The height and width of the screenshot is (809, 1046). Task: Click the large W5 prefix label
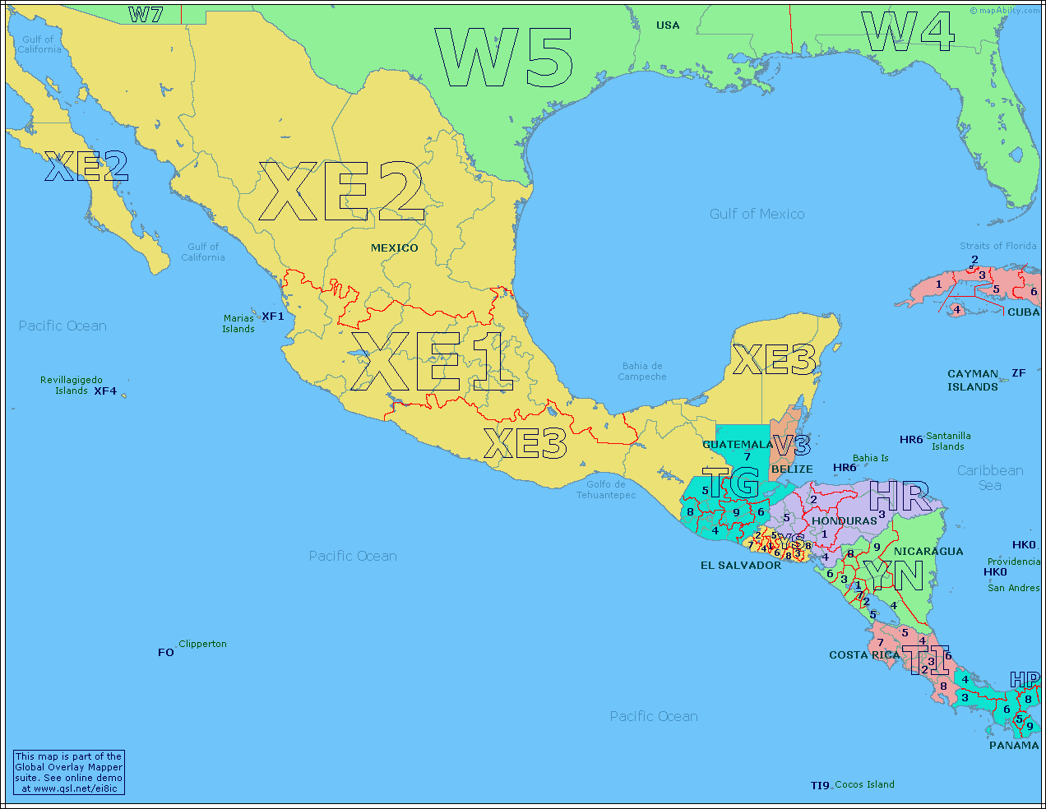(503, 58)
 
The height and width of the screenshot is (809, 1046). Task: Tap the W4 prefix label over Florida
(908, 32)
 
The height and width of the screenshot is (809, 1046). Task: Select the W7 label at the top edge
(146, 14)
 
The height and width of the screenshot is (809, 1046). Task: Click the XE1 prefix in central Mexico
(433, 362)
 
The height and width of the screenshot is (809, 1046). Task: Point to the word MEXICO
(394, 247)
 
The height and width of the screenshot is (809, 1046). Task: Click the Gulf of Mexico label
(757, 214)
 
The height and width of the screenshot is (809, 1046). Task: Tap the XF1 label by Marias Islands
(273, 317)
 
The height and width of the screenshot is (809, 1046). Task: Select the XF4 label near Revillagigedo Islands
(105, 391)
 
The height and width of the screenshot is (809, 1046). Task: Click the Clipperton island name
(202, 644)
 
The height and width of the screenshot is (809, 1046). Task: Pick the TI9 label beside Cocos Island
(820, 785)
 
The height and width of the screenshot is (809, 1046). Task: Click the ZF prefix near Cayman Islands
(1018, 373)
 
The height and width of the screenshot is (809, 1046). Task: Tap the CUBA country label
(1023, 312)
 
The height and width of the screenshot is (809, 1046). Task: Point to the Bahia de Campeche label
(642, 372)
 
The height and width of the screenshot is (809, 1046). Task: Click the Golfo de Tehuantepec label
(606, 490)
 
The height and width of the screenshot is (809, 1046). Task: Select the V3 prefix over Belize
(791, 446)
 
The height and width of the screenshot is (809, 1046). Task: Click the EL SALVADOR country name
(740, 566)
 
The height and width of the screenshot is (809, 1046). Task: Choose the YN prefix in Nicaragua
(893, 576)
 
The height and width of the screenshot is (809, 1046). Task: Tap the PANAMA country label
(1013, 746)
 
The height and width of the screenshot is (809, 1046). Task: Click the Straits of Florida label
(997, 246)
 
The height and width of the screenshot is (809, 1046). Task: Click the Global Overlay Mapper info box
(69, 772)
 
